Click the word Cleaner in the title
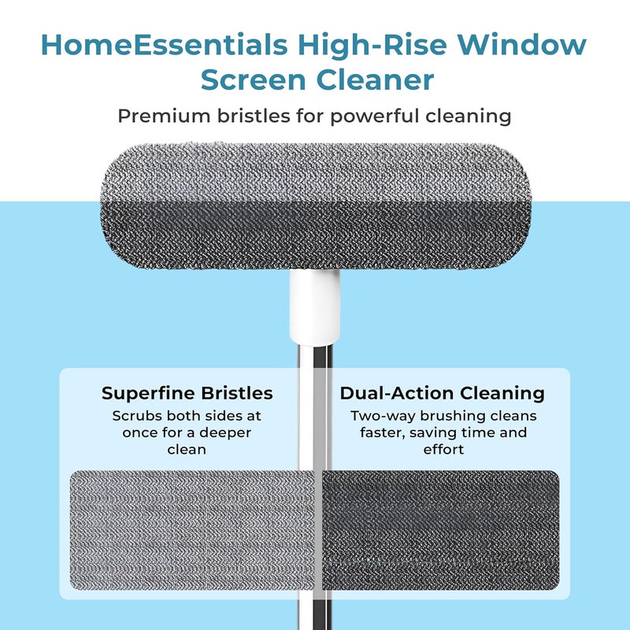(380, 80)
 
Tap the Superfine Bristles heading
(187, 392)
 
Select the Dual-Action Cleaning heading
(443, 392)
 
